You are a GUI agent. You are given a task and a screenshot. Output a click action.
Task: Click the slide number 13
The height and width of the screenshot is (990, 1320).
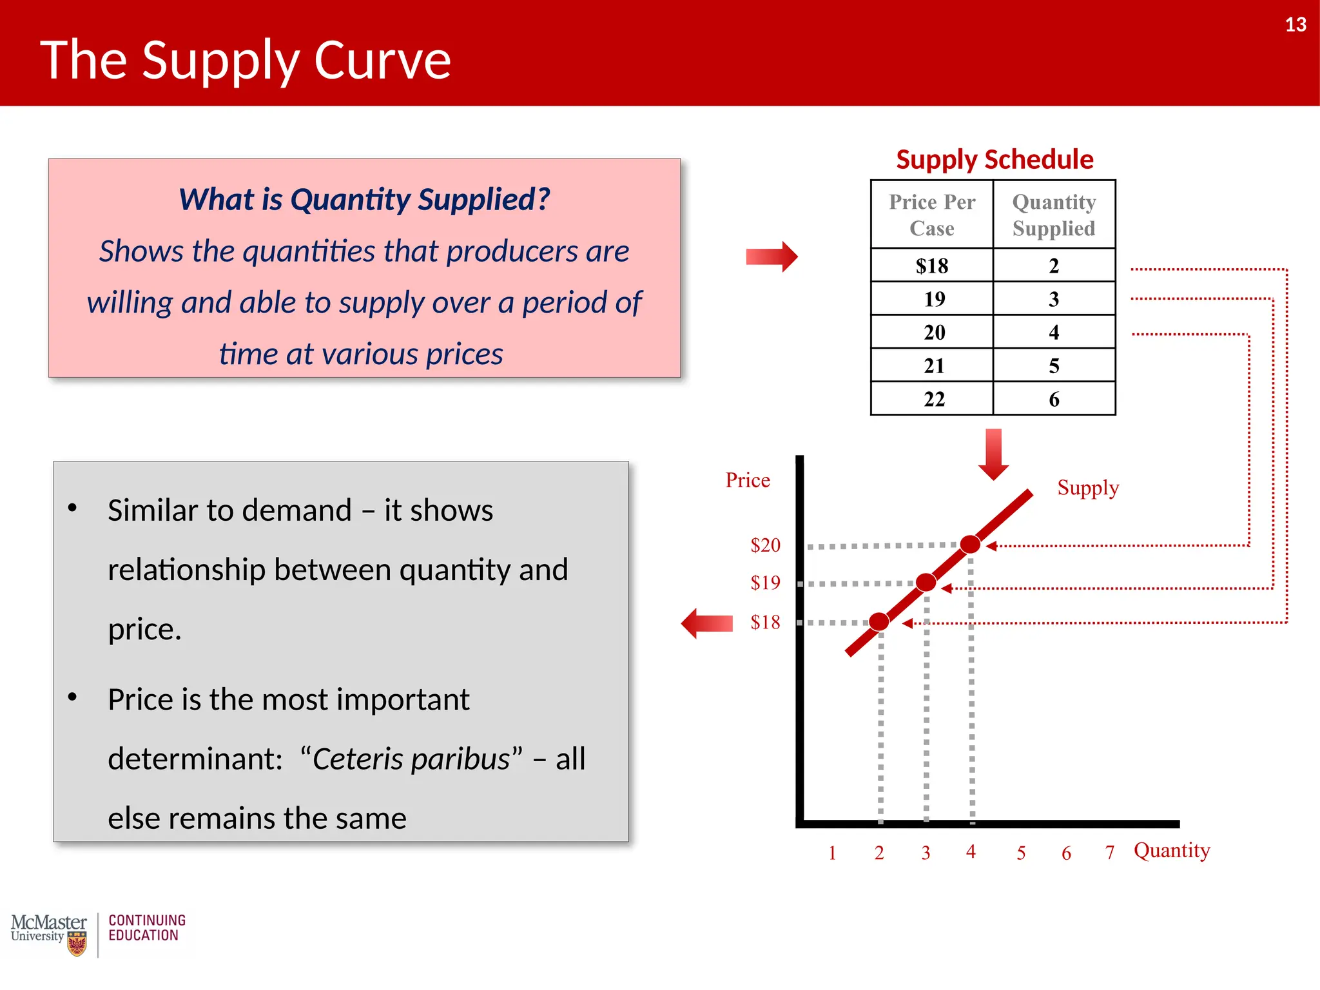(1295, 24)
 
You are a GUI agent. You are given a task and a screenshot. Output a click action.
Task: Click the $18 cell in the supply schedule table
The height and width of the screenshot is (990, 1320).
(931, 266)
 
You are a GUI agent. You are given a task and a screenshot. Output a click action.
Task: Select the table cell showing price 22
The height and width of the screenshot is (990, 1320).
(934, 399)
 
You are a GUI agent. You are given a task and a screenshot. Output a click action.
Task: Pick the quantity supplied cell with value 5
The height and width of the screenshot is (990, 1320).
(1054, 365)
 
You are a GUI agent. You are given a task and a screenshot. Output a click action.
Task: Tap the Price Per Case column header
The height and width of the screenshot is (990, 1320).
(932, 215)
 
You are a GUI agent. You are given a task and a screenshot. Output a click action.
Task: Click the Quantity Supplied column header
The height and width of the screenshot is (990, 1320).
(1054, 215)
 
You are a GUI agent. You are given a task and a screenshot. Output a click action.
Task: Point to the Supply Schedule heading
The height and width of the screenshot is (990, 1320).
(995, 159)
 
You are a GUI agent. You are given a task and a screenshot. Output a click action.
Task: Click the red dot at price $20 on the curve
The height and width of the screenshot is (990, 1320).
(970, 544)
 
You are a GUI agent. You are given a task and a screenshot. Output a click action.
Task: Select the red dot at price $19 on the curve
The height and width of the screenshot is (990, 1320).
(926, 582)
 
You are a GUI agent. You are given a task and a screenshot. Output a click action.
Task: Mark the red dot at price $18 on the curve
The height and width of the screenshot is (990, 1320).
(878, 621)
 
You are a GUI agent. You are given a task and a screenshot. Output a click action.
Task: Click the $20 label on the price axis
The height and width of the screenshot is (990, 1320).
(765, 545)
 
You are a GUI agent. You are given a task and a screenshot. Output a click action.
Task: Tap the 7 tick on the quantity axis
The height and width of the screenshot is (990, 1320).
(1110, 853)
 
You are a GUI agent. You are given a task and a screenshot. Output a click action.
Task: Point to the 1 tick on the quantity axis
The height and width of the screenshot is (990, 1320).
(832, 853)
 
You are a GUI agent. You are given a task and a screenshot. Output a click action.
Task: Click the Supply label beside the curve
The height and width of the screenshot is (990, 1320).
(1088, 488)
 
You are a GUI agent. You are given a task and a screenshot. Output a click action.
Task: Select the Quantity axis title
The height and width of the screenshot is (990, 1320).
(1172, 851)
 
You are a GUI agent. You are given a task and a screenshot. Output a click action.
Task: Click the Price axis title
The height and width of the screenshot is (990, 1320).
(748, 480)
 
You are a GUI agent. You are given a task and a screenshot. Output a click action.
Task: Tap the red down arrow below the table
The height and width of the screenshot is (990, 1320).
(993, 454)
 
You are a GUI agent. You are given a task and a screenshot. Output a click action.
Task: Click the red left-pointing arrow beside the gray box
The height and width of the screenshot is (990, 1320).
(707, 623)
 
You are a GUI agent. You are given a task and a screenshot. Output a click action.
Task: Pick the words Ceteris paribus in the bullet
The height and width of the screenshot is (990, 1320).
(411, 759)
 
